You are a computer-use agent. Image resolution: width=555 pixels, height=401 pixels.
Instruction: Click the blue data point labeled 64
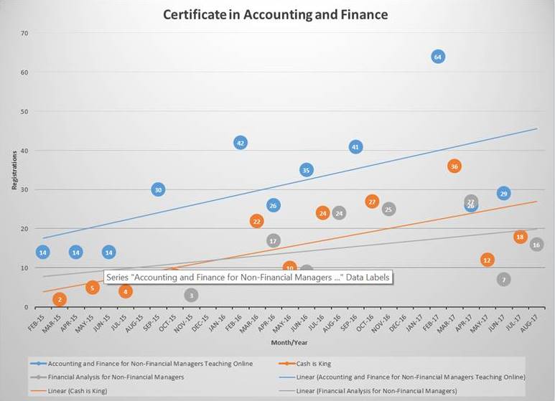coord(438,57)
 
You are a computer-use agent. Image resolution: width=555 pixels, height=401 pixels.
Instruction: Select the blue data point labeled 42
coord(241,143)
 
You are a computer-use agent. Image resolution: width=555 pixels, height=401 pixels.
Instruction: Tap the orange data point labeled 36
coord(454,166)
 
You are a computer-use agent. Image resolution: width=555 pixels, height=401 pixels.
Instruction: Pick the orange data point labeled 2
coord(60,299)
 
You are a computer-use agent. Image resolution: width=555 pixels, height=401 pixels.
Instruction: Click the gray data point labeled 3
coord(191,295)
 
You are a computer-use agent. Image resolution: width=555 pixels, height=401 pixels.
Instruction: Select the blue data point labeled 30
coord(158,189)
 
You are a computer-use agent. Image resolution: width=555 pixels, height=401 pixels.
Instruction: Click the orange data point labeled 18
coord(520,237)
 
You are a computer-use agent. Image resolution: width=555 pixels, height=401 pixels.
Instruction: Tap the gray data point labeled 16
coord(536,245)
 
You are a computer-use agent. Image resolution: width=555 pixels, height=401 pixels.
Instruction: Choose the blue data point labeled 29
coord(504,194)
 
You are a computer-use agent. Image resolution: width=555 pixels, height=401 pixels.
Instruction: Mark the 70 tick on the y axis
coord(24,33)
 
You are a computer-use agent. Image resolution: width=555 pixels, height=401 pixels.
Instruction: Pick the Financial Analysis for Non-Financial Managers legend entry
coord(115,377)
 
